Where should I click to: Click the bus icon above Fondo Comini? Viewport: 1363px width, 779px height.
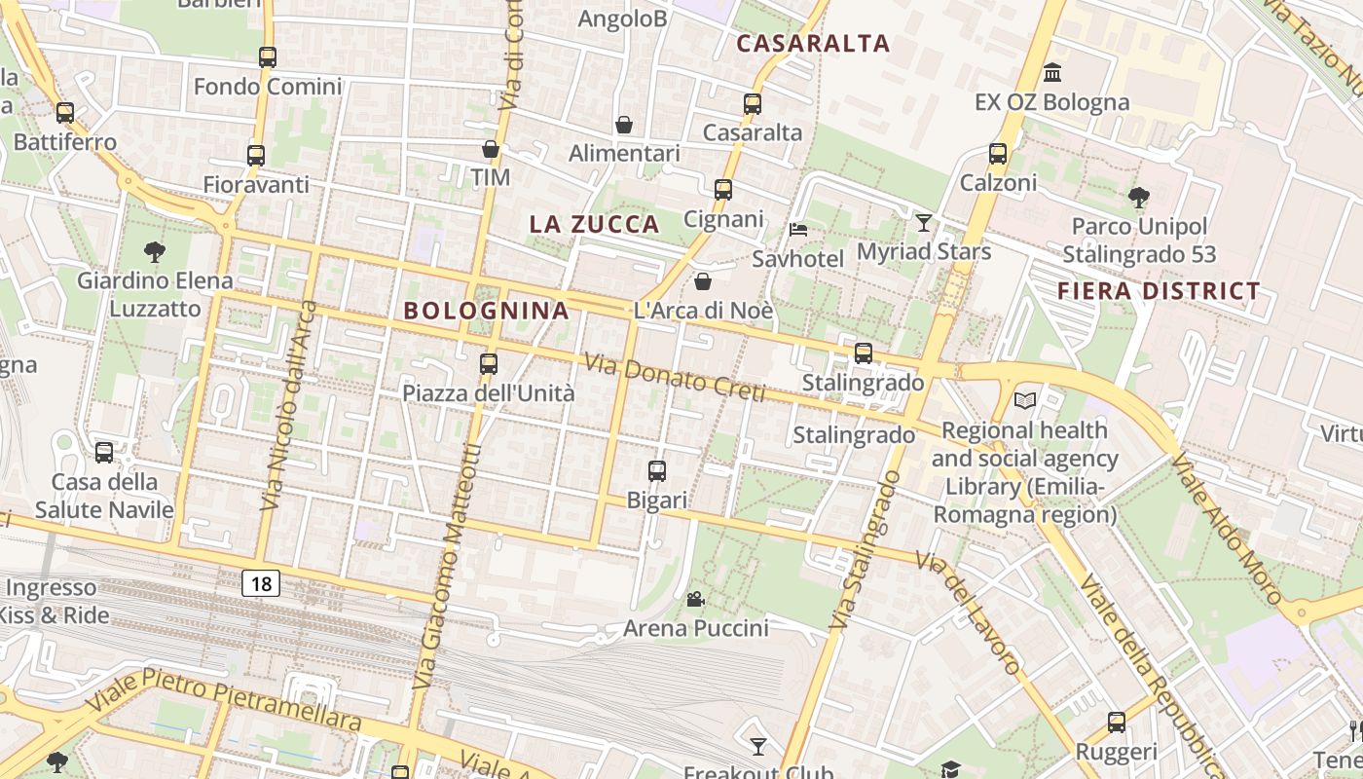point(268,57)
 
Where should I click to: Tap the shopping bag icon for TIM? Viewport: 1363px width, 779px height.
point(491,149)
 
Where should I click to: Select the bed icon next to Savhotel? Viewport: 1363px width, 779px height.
point(797,230)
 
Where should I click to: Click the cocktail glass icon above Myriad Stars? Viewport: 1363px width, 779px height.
point(923,223)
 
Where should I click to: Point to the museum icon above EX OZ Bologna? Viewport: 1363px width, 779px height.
point(1051,73)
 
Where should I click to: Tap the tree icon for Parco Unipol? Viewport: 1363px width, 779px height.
point(1138,199)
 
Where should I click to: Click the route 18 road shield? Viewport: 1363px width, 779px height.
point(261,583)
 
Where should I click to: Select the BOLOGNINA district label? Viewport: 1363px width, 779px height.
point(486,311)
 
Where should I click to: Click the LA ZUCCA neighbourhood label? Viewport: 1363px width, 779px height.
point(594,224)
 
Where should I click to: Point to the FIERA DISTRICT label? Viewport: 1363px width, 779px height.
point(1159,291)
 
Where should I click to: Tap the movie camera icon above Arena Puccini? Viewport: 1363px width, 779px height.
point(695,599)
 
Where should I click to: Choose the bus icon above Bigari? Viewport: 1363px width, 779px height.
point(657,471)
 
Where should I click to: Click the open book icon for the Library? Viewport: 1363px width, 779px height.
point(1025,400)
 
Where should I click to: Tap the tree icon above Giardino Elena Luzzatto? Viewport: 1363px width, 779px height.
point(154,252)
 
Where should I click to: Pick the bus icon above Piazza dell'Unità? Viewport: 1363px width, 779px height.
point(489,364)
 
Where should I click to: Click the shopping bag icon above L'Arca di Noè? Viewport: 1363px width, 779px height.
point(702,281)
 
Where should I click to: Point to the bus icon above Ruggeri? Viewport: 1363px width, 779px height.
point(1117,723)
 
